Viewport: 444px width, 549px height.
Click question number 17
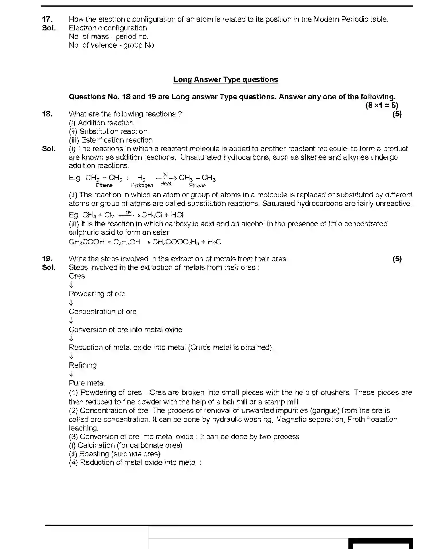(x=47, y=19)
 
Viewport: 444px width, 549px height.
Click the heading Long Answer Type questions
(x=226, y=79)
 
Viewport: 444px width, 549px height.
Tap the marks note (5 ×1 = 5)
(x=381, y=105)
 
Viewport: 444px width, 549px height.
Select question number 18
(x=47, y=114)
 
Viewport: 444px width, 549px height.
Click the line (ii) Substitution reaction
(x=108, y=131)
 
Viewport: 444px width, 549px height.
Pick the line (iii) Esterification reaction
(x=111, y=140)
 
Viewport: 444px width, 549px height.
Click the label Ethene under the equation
(x=104, y=185)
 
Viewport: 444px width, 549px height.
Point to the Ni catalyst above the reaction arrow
(x=166, y=174)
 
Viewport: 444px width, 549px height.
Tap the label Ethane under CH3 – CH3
(x=197, y=186)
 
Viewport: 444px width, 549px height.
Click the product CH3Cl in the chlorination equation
(x=152, y=215)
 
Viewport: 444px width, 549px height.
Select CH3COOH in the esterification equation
(x=87, y=242)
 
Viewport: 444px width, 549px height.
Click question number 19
(x=47, y=259)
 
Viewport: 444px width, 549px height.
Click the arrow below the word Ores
(x=71, y=285)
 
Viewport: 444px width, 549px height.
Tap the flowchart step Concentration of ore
(x=102, y=312)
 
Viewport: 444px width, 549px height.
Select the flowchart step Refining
(x=83, y=365)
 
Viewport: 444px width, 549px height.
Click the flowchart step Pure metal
(x=87, y=383)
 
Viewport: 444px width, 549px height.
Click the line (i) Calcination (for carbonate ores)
(x=125, y=445)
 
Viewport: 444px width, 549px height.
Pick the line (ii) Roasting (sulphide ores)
(x=114, y=454)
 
